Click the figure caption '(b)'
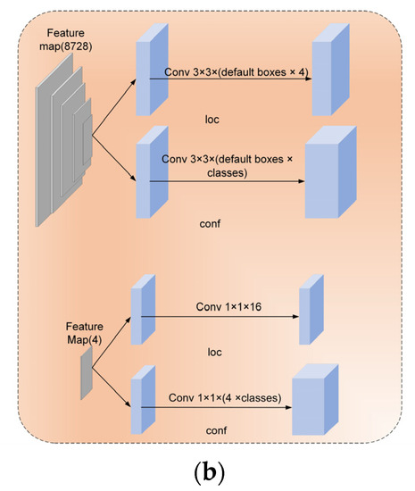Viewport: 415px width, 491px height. point(207,470)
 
